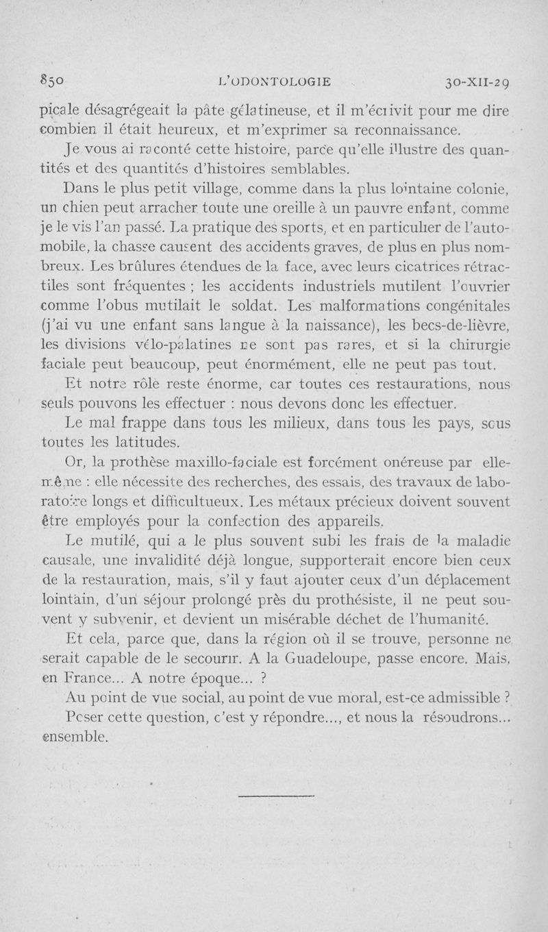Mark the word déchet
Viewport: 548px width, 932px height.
point(379,620)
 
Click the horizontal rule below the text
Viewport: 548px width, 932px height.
point(277,796)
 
